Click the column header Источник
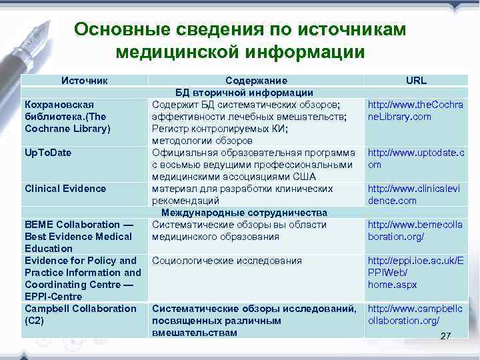click(85, 81)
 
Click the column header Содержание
click(256, 81)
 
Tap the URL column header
click(416, 81)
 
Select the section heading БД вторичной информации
click(244, 93)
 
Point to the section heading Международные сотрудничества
click(244, 213)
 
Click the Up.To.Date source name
click(48, 153)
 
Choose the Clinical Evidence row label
click(65, 189)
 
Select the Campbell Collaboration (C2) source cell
click(80, 315)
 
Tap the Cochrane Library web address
click(415, 111)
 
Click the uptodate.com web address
click(415, 159)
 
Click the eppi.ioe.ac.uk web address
click(415, 273)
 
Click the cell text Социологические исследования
click(227, 261)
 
